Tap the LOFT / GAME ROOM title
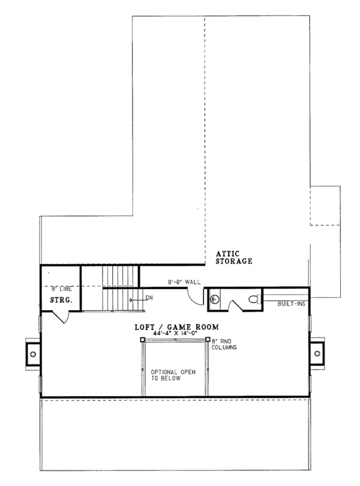click(x=176, y=327)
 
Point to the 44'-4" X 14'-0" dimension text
click(x=176, y=334)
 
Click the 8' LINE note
click(x=61, y=289)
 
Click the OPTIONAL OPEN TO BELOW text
click(x=173, y=375)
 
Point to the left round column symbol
click(x=143, y=340)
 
